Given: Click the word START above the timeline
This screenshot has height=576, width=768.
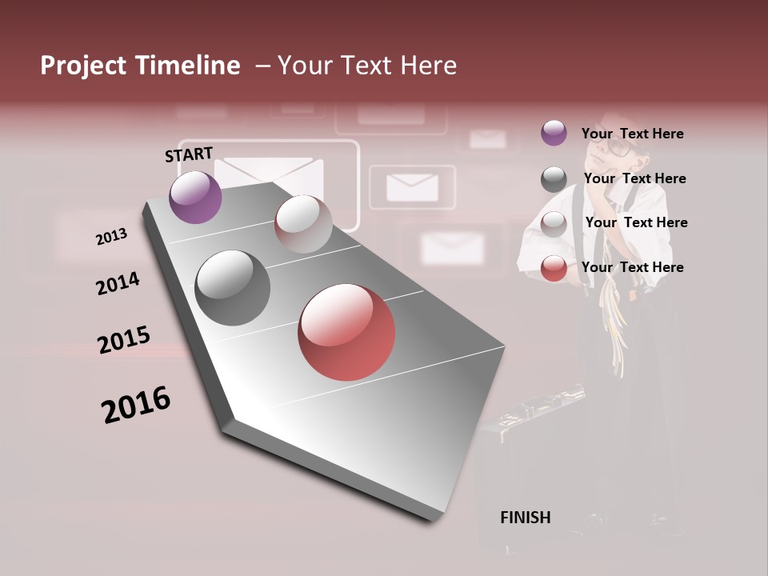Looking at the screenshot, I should [x=189, y=154].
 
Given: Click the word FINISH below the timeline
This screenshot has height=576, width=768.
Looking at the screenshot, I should [x=525, y=518].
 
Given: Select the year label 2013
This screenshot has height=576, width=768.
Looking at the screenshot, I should [x=111, y=237].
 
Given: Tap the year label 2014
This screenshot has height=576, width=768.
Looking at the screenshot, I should [x=118, y=284].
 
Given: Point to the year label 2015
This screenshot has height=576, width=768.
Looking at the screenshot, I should [x=123, y=341].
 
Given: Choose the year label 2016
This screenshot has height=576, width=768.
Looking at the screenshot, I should [x=136, y=405].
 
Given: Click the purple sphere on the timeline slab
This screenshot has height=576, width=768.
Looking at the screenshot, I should [x=195, y=197].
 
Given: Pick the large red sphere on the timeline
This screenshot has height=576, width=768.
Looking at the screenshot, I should [x=346, y=332].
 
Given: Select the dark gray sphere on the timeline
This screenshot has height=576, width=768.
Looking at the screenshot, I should [x=232, y=288].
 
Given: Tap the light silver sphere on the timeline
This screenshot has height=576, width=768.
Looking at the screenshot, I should [x=303, y=223].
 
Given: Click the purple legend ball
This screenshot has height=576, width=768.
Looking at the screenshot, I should [x=554, y=133].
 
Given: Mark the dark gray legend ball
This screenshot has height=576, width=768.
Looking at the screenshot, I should [x=554, y=179].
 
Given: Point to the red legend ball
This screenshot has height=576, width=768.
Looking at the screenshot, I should [x=554, y=268].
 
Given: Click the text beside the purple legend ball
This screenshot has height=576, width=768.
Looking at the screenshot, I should [x=632, y=134].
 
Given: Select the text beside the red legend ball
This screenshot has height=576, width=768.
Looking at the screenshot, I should [x=632, y=267].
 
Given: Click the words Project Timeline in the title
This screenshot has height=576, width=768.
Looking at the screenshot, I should [x=140, y=66].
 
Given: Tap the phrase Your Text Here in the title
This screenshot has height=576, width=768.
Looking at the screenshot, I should [x=367, y=66].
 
